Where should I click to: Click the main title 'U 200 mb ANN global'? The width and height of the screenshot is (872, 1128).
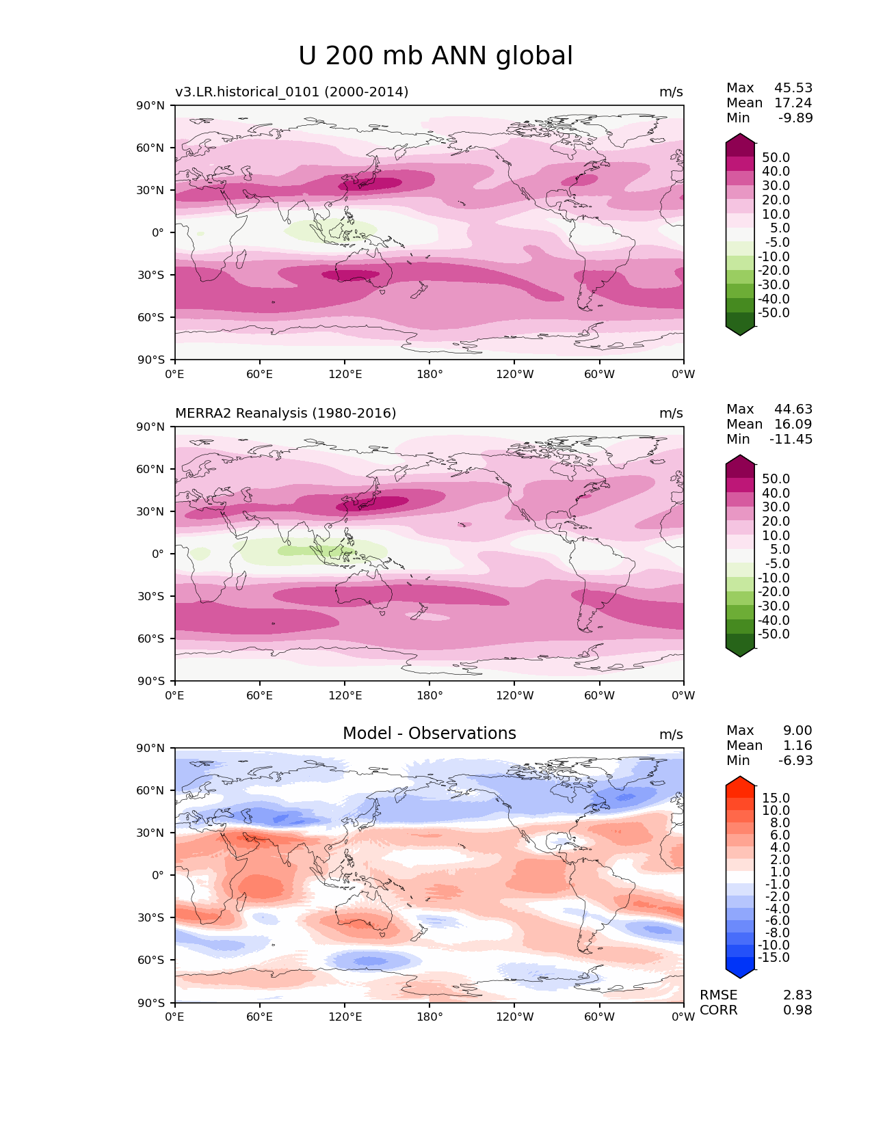pyautogui.click(x=436, y=56)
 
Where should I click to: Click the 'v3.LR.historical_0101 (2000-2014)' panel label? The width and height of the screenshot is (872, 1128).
pyautogui.click(x=291, y=92)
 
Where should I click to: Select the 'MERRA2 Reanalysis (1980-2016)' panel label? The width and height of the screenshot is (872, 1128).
pyautogui.click(x=285, y=413)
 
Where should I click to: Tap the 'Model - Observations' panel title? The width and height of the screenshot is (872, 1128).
pyautogui.click(x=429, y=734)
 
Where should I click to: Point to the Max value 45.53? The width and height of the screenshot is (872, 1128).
pyautogui.click(x=793, y=88)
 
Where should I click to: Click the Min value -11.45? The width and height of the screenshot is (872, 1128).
pyautogui.click(x=791, y=439)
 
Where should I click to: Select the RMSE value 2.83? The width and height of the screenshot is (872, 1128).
pyautogui.click(x=797, y=995)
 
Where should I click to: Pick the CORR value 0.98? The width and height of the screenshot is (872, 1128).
pyautogui.click(x=797, y=1010)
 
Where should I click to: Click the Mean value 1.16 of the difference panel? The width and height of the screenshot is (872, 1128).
pyautogui.click(x=797, y=745)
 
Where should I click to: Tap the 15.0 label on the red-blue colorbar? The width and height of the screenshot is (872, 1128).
pyautogui.click(x=776, y=798)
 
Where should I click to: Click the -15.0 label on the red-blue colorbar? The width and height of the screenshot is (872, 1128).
pyautogui.click(x=774, y=957)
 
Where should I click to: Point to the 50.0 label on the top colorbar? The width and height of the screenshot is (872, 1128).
pyautogui.click(x=776, y=157)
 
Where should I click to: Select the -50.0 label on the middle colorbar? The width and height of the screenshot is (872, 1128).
pyautogui.click(x=774, y=634)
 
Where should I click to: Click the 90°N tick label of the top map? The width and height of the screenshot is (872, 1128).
pyautogui.click(x=151, y=105)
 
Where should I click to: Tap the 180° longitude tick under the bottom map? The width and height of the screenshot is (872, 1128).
pyautogui.click(x=430, y=1017)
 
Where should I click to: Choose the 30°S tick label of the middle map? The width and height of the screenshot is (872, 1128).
pyautogui.click(x=151, y=596)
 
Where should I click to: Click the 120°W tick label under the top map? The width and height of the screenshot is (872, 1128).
pyautogui.click(x=514, y=374)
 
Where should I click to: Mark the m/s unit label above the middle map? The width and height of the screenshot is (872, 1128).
pyautogui.click(x=671, y=413)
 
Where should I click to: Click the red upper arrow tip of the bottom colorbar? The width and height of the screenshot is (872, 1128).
pyautogui.click(x=740, y=781)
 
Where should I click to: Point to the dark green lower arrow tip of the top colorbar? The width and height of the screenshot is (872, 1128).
pyautogui.click(x=740, y=331)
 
